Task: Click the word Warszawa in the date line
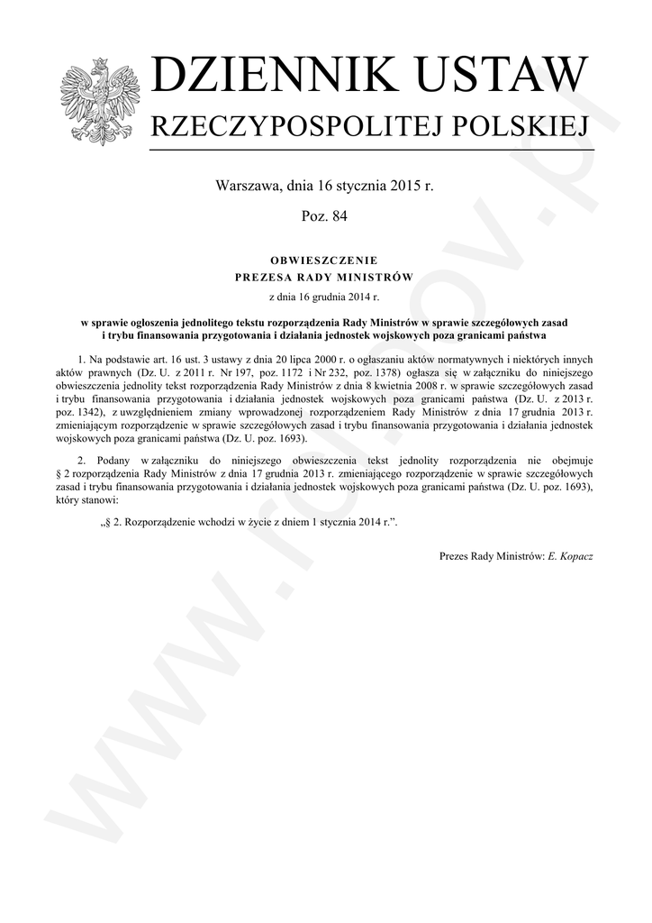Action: (245, 187)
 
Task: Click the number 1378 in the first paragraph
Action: (408, 371)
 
